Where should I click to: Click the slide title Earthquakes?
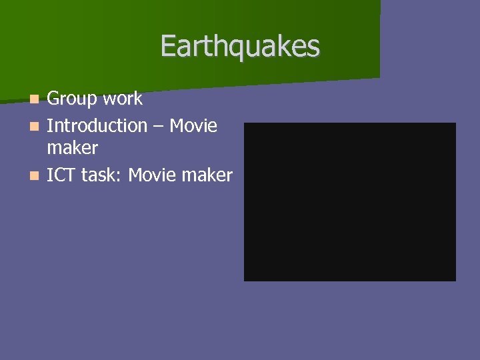click(240, 46)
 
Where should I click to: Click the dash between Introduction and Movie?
click(158, 126)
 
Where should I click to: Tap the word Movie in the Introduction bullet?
click(193, 125)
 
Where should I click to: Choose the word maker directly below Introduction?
click(72, 148)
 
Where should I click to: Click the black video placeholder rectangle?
click(349, 201)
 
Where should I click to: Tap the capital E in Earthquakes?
click(167, 46)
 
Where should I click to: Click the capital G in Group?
click(53, 99)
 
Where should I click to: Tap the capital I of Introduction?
click(49, 125)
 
